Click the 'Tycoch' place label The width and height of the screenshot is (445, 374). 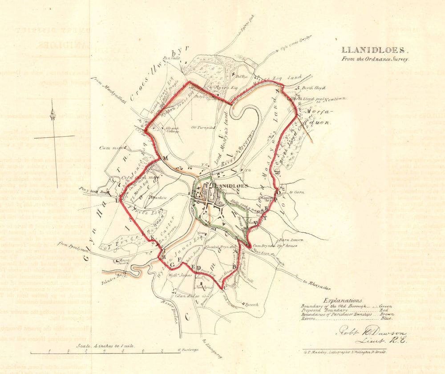pos(251,304)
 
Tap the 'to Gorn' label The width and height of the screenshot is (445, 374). pos(296,192)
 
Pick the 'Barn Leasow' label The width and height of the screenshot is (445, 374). pos(291,239)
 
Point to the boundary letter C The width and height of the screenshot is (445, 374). pos(225,287)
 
